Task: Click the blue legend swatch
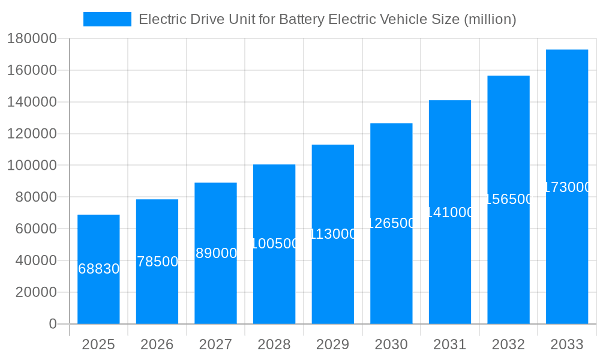click(107, 19)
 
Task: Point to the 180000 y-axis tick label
click(32, 39)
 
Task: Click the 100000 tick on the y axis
click(32, 165)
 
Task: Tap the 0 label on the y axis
click(53, 324)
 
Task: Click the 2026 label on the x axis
click(157, 344)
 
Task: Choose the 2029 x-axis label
click(332, 344)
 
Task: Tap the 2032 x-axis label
click(508, 344)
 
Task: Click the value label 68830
click(99, 269)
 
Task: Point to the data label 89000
click(216, 253)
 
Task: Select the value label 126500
click(391, 223)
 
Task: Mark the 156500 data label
click(508, 199)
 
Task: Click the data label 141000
click(450, 212)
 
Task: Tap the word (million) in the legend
click(490, 19)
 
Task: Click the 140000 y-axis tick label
click(32, 102)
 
